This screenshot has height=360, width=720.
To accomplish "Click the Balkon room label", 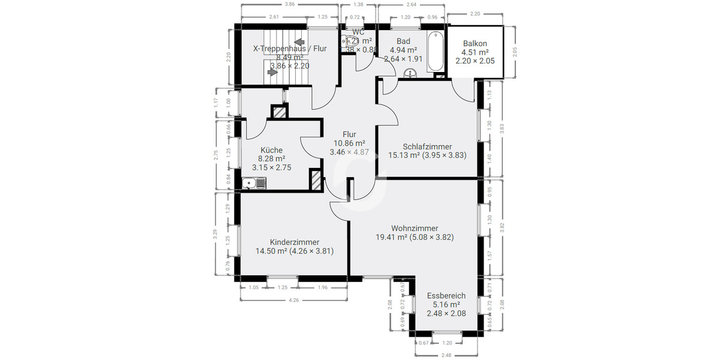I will [x=475, y=44].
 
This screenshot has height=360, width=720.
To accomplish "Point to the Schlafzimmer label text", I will [x=427, y=146].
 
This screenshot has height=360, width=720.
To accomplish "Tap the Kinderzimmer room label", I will [x=295, y=242].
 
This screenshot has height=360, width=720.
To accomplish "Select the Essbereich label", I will [x=446, y=296].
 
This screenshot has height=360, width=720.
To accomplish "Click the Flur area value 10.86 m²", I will [x=350, y=143].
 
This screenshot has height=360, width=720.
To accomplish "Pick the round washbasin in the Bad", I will [x=412, y=74].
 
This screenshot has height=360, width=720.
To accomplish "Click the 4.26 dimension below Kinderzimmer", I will [x=294, y=300].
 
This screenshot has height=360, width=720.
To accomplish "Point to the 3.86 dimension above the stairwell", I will [x=290, y=4].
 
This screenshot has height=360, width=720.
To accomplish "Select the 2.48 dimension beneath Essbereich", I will [x=445, y=355].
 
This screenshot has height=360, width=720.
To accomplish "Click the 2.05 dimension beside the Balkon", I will [x=515, y=52].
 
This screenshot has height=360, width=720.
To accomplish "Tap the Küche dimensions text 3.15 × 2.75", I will [x=272, y=167].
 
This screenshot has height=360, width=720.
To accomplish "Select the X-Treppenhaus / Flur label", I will [x=290, y=48].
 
